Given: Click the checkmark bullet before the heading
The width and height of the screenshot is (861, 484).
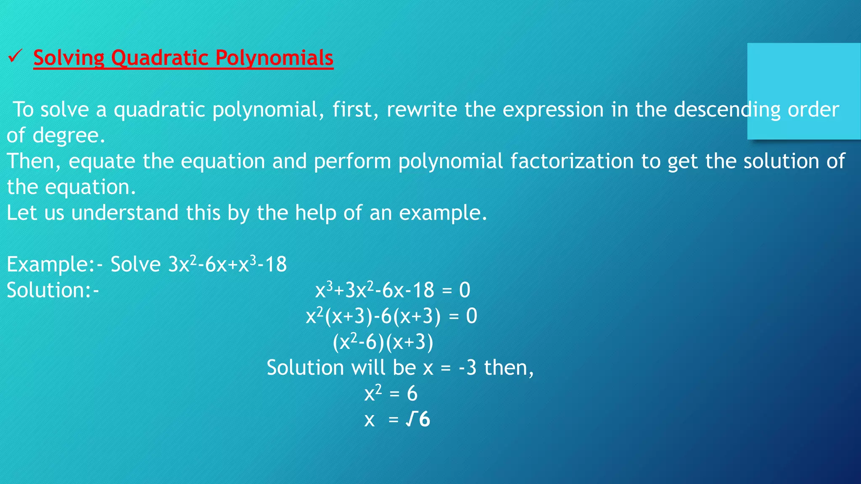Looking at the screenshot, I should pos(15,56).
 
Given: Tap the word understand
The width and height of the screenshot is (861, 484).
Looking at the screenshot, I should pos(125,213).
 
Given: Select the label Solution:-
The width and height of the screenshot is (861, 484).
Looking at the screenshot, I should pos(53,290).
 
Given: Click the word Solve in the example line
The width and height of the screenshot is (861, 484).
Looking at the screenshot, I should pos(135,265).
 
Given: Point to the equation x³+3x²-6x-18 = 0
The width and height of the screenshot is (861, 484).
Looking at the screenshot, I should pos(393,290).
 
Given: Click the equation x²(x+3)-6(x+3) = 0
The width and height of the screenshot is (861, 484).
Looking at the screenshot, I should pos(391,316).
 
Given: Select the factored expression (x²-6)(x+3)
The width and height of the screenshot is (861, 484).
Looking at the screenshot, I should pos(383,342).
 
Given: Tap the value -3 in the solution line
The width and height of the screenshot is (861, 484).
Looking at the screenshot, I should pos(467,368).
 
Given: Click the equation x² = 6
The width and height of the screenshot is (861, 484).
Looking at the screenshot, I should pos(391,394).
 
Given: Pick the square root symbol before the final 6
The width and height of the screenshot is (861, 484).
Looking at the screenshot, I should pos(411,420).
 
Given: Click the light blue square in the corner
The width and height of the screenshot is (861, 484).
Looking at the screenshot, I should pos(804,91).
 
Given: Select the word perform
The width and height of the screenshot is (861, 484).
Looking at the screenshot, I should pos(352,162).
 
